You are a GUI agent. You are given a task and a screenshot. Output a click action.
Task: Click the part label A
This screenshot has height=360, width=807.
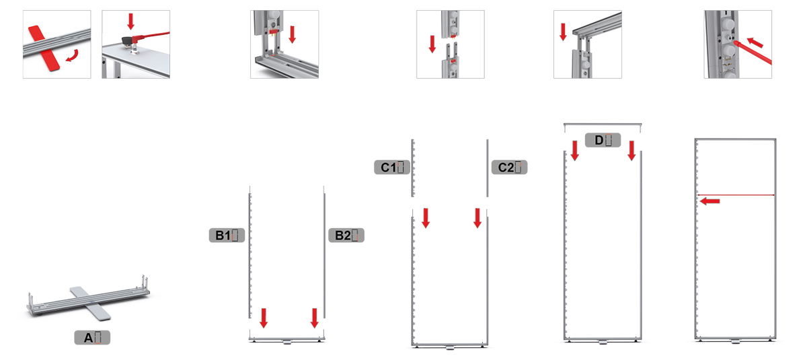(x=92, y=338)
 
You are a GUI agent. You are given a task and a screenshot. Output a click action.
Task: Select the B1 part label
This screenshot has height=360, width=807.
(x=227, y=236)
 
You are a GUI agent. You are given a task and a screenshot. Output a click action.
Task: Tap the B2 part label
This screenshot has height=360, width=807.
(x=346, y=236)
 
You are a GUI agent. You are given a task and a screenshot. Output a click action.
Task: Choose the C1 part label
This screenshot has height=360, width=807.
(x=392, y=167)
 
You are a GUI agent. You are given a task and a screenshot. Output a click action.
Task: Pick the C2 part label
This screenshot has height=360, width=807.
(x=510, y=167)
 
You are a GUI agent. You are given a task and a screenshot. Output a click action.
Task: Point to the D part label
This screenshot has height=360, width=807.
(x=603, y=140)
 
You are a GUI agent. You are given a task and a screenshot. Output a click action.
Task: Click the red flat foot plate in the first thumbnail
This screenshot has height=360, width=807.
(x=44, y=48)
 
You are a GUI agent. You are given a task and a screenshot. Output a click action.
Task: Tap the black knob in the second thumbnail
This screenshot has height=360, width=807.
(x=128, y=41)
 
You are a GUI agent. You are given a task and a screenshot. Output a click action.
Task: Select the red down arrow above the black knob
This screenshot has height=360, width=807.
(x=130, y=22)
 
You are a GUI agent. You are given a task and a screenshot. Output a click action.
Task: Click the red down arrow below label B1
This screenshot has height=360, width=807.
(x=264, y=318)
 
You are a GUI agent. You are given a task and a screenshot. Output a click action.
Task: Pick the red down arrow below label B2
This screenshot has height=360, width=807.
(x=315, y=318)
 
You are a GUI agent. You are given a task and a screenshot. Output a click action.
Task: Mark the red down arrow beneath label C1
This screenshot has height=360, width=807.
(x=426, y=218)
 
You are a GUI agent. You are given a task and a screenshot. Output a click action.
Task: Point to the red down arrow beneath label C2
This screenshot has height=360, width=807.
(x=477, y=218)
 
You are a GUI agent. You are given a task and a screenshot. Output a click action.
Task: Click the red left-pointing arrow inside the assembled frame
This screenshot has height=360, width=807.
(x=709, y=201)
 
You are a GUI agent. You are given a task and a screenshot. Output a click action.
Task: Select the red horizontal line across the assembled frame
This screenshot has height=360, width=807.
(x=736, y=195)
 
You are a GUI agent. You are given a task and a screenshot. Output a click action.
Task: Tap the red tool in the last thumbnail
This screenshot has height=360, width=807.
(x=753, y=52)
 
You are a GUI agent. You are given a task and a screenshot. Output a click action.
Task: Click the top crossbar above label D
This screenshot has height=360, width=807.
(x=603, y=124)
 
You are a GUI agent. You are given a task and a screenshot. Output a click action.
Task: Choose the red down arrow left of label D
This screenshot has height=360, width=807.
(x=575, y=151)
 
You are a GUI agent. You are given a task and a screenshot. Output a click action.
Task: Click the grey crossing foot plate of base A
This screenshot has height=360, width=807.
(x=90, y=303)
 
